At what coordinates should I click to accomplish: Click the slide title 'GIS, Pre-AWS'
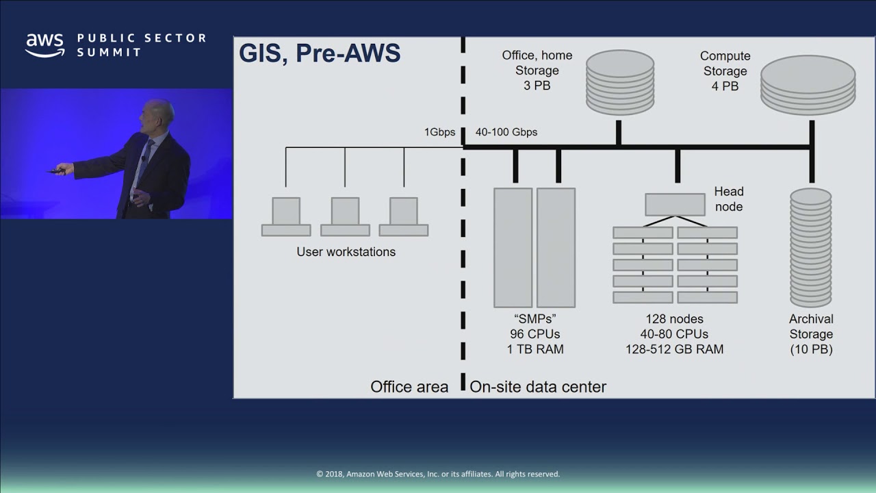(319, 53)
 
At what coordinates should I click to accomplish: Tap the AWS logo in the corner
(45, 45)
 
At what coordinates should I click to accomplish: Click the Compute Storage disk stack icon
(808, 85)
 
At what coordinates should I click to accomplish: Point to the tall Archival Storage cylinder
(810, 247)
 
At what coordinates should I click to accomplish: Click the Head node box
(675, 205)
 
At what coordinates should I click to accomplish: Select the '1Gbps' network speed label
(439, 132)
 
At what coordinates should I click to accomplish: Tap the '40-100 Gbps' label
(506, 132)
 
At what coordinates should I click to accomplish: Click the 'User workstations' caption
(346, 252)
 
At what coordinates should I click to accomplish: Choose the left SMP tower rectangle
(513, 247)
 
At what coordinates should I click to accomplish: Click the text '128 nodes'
(674, 319)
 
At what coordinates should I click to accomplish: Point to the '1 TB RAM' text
(535, 349)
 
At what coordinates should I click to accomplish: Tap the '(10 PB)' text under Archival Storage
(811, 350)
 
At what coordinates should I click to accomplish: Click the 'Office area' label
(409, 387)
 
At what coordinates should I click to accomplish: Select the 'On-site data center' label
(538, 387)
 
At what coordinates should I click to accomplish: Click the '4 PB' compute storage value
(725, 86)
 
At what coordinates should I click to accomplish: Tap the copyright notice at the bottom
(438, 474)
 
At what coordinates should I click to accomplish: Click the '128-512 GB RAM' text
(674, 349)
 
